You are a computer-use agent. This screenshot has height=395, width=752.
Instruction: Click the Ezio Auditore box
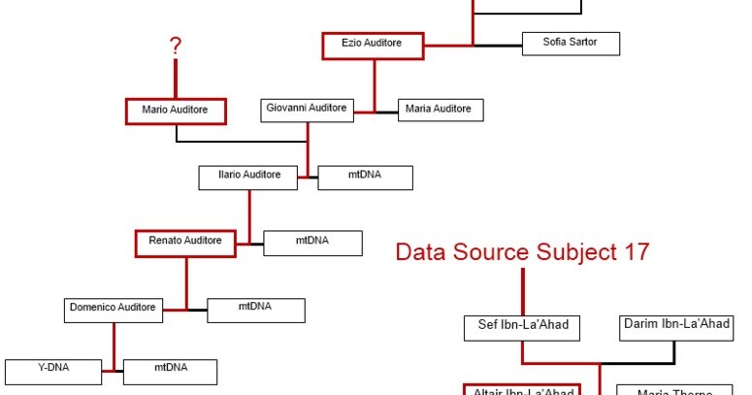(375, 45)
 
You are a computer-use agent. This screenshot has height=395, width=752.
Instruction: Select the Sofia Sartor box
(571, 44)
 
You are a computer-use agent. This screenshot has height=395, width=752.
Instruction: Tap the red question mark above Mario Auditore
(176, 46)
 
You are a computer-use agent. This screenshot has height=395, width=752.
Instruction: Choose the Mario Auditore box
(176, 111)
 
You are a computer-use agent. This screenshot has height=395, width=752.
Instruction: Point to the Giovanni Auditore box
(307, 110)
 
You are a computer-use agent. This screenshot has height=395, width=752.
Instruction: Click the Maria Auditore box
(439, 110)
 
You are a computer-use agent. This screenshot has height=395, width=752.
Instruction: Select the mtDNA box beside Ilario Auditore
(365, 177)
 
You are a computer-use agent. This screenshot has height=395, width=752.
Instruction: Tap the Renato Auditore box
(185, 241)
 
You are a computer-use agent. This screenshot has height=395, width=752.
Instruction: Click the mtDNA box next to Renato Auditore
(313, 242)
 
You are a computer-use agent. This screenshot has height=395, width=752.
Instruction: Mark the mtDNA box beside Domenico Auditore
(256, 309)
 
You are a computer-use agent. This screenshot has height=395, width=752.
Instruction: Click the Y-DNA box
(53, 370)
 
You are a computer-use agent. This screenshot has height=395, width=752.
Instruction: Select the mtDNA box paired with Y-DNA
(170, 370)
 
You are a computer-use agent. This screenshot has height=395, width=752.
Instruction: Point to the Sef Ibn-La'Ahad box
(523, 326)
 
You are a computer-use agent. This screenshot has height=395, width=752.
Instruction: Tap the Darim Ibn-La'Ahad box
(675, 324)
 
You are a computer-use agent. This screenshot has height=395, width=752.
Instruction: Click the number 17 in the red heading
(632, 252)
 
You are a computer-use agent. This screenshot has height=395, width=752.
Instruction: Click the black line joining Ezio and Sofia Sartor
(498, 45)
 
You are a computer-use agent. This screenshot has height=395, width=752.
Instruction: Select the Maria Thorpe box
(674, 390)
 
